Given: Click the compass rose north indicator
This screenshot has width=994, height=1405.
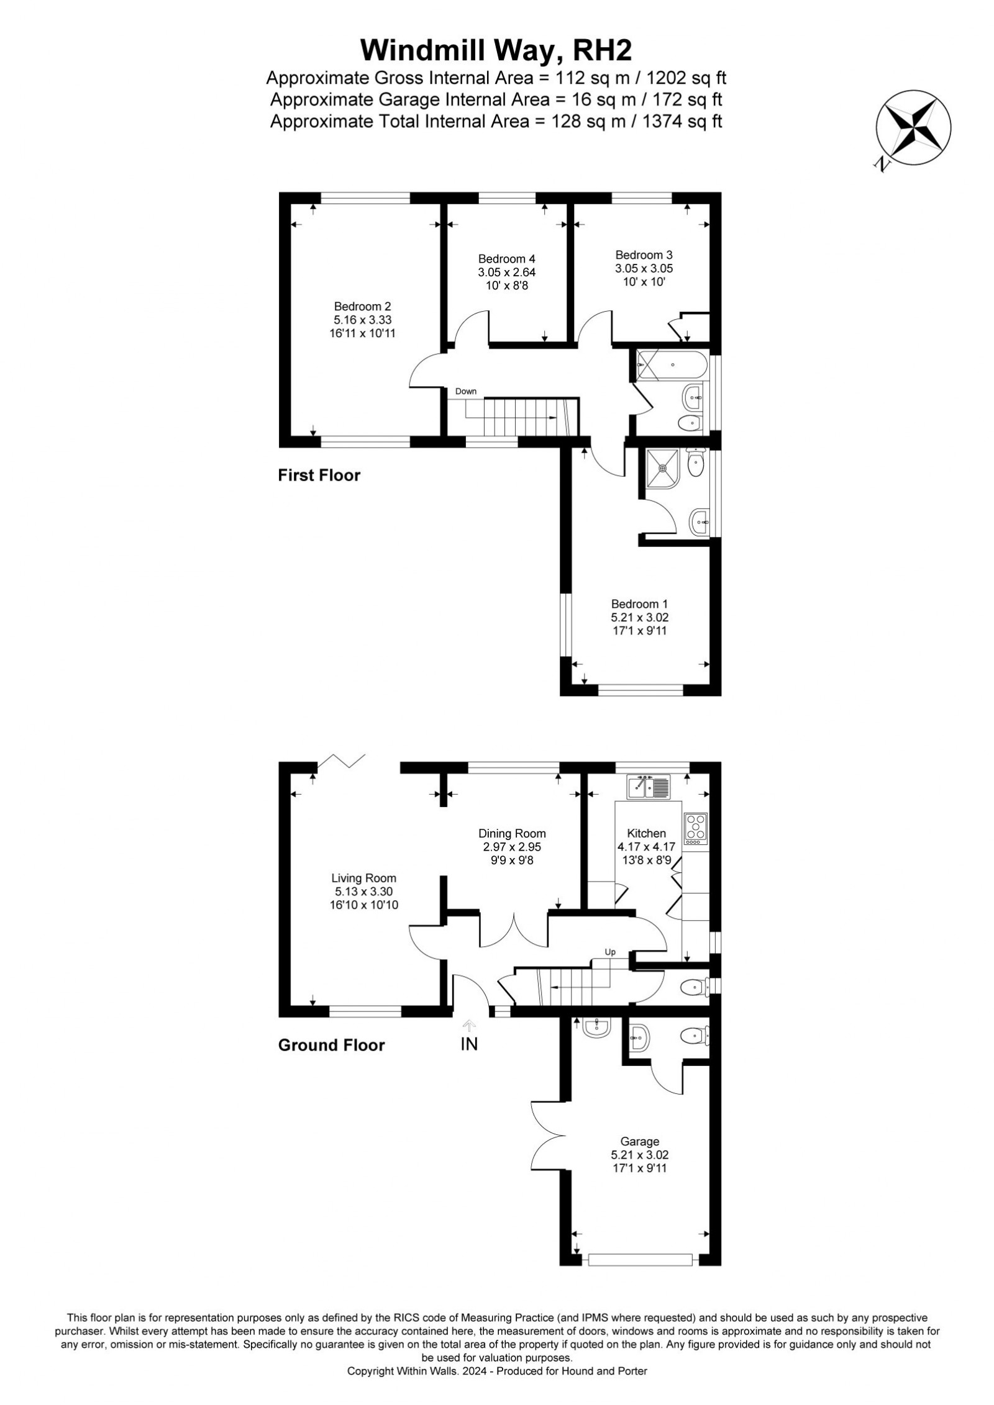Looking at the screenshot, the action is click(x=913, y=132).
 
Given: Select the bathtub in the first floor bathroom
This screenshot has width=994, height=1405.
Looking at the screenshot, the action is click(x=671, y=365).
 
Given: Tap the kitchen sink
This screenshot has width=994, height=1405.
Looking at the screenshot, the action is click(x=648, y=787).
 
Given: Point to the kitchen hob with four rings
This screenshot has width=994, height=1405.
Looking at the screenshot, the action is click(x=695, y=829).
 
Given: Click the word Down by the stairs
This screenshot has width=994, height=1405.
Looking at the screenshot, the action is click(x=466, y=391).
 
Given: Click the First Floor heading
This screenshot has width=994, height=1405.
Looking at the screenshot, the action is click(x=319, y=476).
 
